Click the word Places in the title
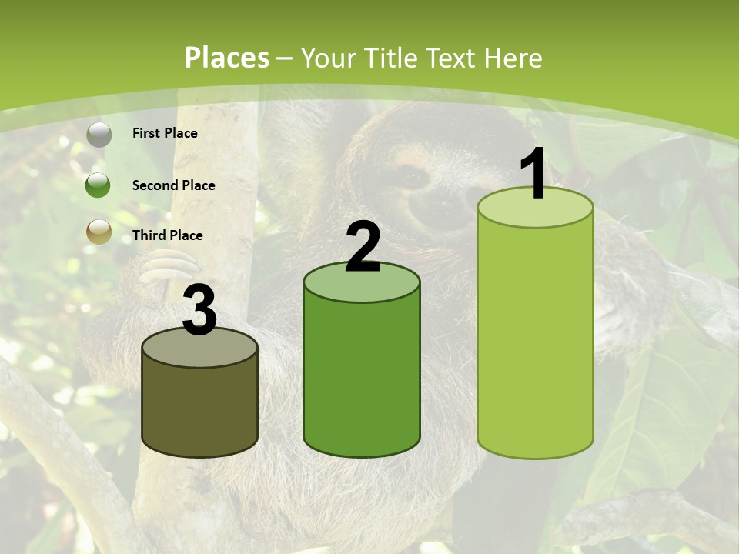coord(227,58)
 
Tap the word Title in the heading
coord(390,58)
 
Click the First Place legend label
coord(165,133)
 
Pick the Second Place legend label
coord(173,185)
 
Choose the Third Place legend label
coord(167,235)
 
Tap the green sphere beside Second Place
coord(99,185)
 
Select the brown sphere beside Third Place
coord(99,232)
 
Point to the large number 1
coord(534,175)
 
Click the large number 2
coord(363,247)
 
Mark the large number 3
coord(200,311)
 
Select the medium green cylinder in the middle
coord(362,369)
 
